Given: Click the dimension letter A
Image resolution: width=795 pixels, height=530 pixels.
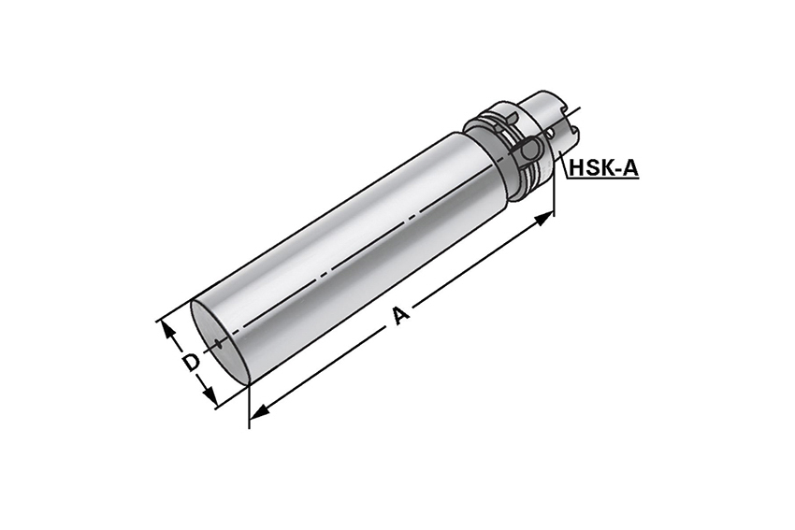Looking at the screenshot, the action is [401, 316].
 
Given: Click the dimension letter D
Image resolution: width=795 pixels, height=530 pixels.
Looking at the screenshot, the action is [191, 363].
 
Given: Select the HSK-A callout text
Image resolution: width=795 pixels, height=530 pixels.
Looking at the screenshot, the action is [604, 167].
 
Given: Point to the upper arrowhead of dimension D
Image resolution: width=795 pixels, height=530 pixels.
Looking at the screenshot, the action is [169, 330].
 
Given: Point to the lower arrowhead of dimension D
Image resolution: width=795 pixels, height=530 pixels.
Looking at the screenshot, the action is [208, 394].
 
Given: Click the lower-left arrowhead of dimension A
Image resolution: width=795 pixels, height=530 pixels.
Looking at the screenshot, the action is [260, 412].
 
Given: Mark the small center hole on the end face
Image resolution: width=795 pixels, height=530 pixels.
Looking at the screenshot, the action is [219, 345].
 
